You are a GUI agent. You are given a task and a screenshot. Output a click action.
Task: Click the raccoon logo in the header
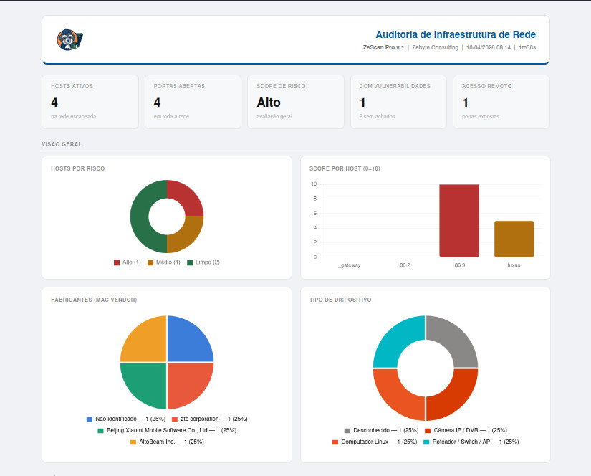[69, 39]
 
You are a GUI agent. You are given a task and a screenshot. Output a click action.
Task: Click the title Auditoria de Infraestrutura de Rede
[455, 34]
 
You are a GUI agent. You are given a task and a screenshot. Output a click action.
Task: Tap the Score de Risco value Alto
[269, 103]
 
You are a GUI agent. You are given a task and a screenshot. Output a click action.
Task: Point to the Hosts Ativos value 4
[54, 103]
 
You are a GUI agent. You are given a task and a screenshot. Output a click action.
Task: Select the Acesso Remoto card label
[486, 86]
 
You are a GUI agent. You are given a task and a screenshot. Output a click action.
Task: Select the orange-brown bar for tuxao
[514, 239]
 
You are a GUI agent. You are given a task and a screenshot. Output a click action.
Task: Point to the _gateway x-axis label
[349, 265]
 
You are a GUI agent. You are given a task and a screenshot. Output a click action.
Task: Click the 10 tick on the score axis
[314, 184]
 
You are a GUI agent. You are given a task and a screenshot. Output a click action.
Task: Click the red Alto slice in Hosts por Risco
[188, 198]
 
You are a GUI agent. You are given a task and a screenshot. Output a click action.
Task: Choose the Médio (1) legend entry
[164, 262]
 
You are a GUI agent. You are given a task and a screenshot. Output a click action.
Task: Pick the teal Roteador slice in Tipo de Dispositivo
[396, 340]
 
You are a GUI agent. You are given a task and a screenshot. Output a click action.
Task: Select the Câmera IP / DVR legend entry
[466, 430]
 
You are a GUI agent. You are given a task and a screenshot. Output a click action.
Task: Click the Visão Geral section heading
[62, 144]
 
